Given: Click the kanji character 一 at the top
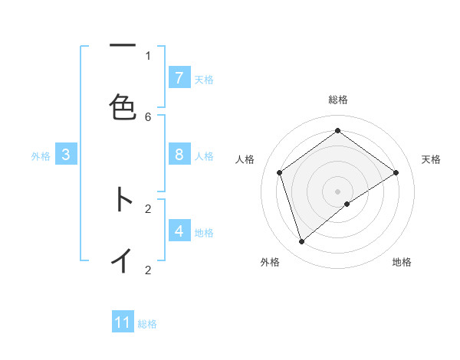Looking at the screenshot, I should (x=123, y=46).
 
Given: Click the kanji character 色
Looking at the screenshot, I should (x=123, y=107).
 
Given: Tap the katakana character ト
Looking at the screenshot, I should (x=123, y=199).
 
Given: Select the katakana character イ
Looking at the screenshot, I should (x=123, y=260).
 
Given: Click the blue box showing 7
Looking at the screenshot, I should (x=179, y=78).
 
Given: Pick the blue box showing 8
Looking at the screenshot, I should (x=179, y=155).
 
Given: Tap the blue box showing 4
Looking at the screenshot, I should (x=179, y=231).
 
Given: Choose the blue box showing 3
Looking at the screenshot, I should (x=66, y=155).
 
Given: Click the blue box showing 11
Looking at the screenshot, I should (x=123, y=322).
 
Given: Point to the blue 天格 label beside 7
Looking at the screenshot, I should (x=204, y=79).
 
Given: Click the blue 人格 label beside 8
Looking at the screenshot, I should (x=204, y=155).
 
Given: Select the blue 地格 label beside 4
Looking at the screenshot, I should (x=204, y=232).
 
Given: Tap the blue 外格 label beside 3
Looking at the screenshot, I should (x=41, y=155).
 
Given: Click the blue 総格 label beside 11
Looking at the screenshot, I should (x=147, y=324).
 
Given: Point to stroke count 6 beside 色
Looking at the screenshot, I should (x=148, y=116).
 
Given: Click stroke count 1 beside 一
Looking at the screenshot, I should (x=148, y=55).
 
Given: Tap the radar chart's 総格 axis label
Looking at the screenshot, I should (x=338, y=100).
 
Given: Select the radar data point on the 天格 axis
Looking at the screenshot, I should (x=396, y=172).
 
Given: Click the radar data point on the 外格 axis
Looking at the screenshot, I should (x=302, y=242).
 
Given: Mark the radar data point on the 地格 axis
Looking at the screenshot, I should (x=347, y=204).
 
